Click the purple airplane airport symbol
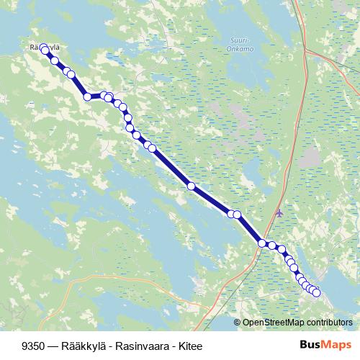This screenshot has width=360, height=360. coord(279,213)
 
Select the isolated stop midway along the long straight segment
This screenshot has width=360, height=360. coord(191,186)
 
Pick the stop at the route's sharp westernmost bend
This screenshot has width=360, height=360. coord(87,96)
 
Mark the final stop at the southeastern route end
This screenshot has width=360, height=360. coord(316,292)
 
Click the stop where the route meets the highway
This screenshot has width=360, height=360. coord(262,243)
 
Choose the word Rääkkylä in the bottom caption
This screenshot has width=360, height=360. coord(76,345)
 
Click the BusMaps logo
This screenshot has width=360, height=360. coord(326,344)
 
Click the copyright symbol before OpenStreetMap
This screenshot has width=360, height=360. coord(238,323)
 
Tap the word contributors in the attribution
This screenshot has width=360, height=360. coord(330,323)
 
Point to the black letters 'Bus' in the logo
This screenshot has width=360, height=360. coord(310,344)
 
